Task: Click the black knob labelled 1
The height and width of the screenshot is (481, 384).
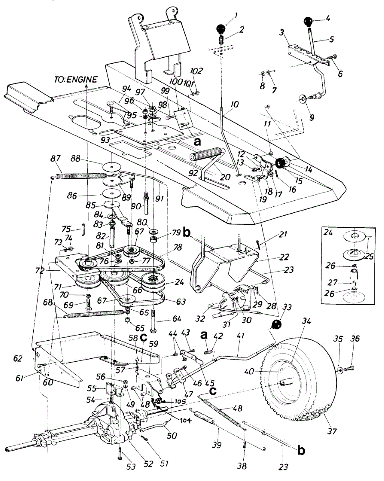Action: tap(220, 29)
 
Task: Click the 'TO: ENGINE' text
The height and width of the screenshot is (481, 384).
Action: tap(76, 79)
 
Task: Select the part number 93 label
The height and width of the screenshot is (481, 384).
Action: tap(105, 140)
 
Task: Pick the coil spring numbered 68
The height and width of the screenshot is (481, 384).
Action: tap(95, 314)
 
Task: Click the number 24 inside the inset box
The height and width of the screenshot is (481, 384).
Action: tap(327, 232)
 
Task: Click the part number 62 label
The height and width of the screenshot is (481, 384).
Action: tap(18, 359)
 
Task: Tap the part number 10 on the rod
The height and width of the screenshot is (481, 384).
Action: tap(234, 105)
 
